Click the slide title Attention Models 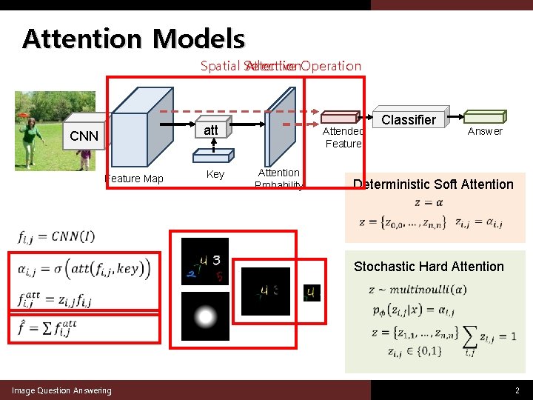[133, 39]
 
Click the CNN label [84, 136]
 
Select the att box [212, 130]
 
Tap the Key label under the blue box [215, 174]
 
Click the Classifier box [409, 119]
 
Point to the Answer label [485, 131]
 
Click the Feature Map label [134, 179]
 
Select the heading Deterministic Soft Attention [433, 184]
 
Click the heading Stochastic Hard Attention [429, 267]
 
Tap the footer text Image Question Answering [61, 390]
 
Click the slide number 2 [517, 390]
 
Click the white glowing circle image [205, 317]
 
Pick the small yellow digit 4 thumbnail [312, 293]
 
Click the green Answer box [484, 116]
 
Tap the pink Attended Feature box [341, 117]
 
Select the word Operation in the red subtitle [331, 66]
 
